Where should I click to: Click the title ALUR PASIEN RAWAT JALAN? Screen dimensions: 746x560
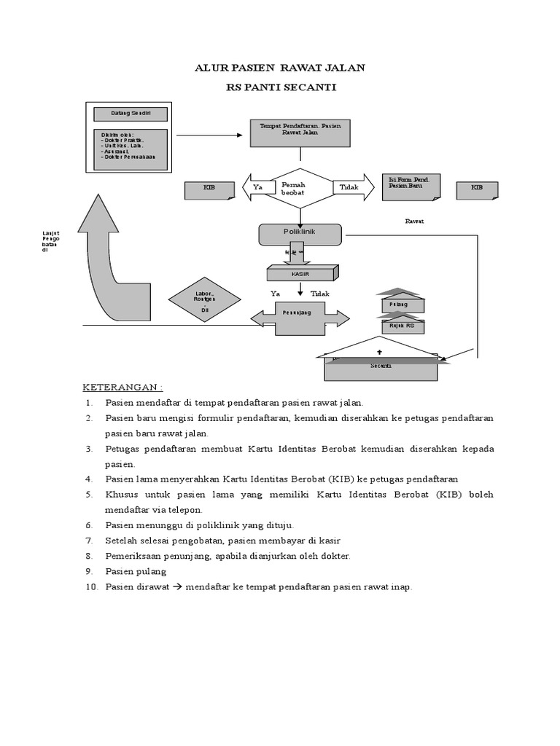click(x=280, y=68)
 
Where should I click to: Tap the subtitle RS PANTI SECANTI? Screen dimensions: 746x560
click(x=281, y=88)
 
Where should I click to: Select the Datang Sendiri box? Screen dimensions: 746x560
click(x=130, y=114)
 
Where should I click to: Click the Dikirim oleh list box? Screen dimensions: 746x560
click(x=130, y=148)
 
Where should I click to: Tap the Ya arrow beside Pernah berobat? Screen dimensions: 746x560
click(x=257, y=188)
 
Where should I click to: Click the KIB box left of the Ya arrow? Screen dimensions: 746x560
click(x=209, y=189)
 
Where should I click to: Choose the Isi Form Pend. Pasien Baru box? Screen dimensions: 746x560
click(x=412, y=186)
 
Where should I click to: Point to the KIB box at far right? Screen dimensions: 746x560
click(x=477, y=189)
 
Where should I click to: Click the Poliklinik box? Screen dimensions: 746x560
click(x=300, y=234)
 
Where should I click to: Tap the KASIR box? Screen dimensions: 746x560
click(x=300, y=272)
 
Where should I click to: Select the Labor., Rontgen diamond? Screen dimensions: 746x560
click(x=204, y=302)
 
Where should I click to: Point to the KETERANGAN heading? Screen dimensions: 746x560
click(x=122, y=386)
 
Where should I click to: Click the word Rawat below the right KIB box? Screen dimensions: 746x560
click(x=414, y=221)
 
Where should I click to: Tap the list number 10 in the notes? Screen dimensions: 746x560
click(x=90, y=586)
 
